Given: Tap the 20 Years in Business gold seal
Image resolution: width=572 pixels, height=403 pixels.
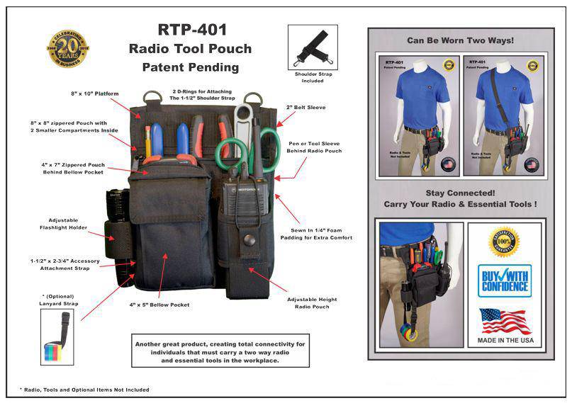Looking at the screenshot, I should click(67, 48).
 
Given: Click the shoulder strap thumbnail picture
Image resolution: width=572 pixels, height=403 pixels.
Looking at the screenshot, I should click(313, 47).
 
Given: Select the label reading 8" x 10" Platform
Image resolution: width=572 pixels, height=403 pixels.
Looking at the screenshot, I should click(94, 93).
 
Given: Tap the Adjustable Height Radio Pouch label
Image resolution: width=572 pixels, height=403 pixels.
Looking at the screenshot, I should click(312, 302).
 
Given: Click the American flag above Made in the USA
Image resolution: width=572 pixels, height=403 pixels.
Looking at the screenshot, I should click(504, 321).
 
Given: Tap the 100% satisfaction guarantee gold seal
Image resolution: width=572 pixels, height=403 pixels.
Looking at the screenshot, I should click(504, 242).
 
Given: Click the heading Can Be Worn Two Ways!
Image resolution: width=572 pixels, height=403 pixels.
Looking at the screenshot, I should click(460, 40).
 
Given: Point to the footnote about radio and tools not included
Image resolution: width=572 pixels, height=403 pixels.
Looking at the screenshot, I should click(84, 390).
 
